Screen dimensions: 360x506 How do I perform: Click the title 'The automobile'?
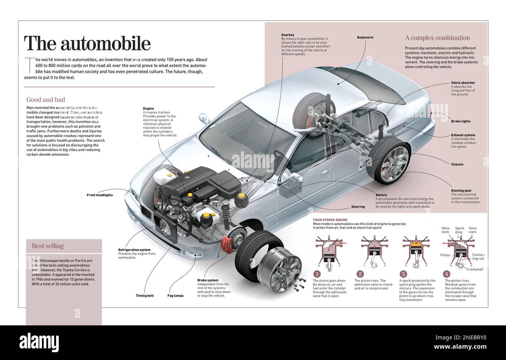[87, 44]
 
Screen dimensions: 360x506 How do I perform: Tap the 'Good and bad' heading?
[46, 100]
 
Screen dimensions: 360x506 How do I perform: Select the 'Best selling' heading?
[47, 246]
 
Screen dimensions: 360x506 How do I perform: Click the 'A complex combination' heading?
[437, 38]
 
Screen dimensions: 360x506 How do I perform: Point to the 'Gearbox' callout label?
[288, 35]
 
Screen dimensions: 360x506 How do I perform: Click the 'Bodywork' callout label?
[365, 37]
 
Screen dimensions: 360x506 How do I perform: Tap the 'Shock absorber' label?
[463, 83]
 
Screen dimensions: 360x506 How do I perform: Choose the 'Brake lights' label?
[460, 121]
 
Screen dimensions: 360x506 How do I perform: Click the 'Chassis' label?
[457, 164]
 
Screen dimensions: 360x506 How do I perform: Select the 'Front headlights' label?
[100, 195]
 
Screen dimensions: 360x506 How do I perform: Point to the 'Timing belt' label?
[144, 296]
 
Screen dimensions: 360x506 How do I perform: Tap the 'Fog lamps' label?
[176, 296]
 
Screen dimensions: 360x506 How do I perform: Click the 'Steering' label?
[358, 207]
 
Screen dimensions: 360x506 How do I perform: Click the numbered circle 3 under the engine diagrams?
[404, 274]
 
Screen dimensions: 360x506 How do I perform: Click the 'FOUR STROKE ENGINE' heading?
[330, 220]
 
